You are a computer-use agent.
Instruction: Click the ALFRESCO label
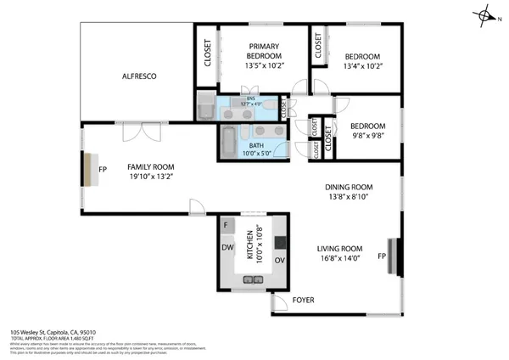coord(138,76)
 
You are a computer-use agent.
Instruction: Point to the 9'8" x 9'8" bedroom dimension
coord(368,134)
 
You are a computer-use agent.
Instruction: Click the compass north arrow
coord(485,15)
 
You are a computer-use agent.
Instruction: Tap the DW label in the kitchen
coord(227,248)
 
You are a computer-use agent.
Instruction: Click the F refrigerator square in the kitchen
coord(227,225)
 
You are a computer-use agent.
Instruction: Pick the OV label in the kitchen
coord(278,261)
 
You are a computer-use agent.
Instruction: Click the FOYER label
coord(303,301)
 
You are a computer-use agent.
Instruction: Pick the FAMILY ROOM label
coord(150,171)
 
